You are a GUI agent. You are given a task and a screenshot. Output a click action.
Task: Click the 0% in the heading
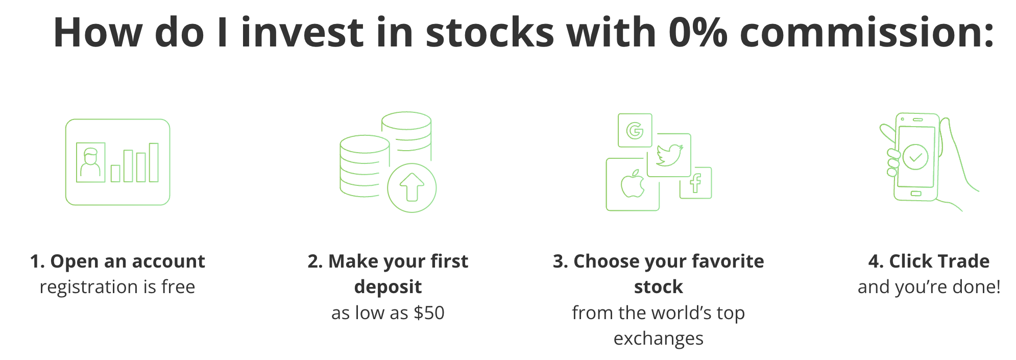click(698, 32)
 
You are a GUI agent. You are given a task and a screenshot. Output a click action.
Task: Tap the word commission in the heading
click(867, 32)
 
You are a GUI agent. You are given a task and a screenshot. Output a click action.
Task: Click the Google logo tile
click(635, 130)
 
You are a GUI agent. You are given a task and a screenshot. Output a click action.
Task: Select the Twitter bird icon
click(669, 155)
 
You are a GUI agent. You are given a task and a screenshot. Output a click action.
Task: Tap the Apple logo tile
click(633, 184)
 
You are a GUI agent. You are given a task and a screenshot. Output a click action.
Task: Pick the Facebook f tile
click(695, 183)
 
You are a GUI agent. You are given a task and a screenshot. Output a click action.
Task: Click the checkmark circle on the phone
click(915, 156)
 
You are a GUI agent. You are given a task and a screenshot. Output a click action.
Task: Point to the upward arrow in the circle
click(412, 187)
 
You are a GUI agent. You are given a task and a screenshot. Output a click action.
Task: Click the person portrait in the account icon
click(90, 162)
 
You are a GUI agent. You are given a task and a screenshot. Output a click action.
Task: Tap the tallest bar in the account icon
click(154, 162)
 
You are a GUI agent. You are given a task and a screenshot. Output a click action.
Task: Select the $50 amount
click(429, 313)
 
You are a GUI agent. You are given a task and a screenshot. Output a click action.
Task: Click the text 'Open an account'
click(128, 261)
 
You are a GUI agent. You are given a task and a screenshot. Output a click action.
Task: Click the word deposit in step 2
click(388, 287)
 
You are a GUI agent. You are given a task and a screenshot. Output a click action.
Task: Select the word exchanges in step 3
click(659, 338)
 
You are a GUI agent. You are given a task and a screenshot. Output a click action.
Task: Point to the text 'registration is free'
click(117, 287)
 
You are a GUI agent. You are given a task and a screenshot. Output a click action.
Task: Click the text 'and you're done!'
click(929, 287)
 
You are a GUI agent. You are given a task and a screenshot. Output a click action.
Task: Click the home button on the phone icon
click(916, 194)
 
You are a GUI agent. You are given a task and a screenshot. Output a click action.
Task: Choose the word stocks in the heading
click(490, 32)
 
